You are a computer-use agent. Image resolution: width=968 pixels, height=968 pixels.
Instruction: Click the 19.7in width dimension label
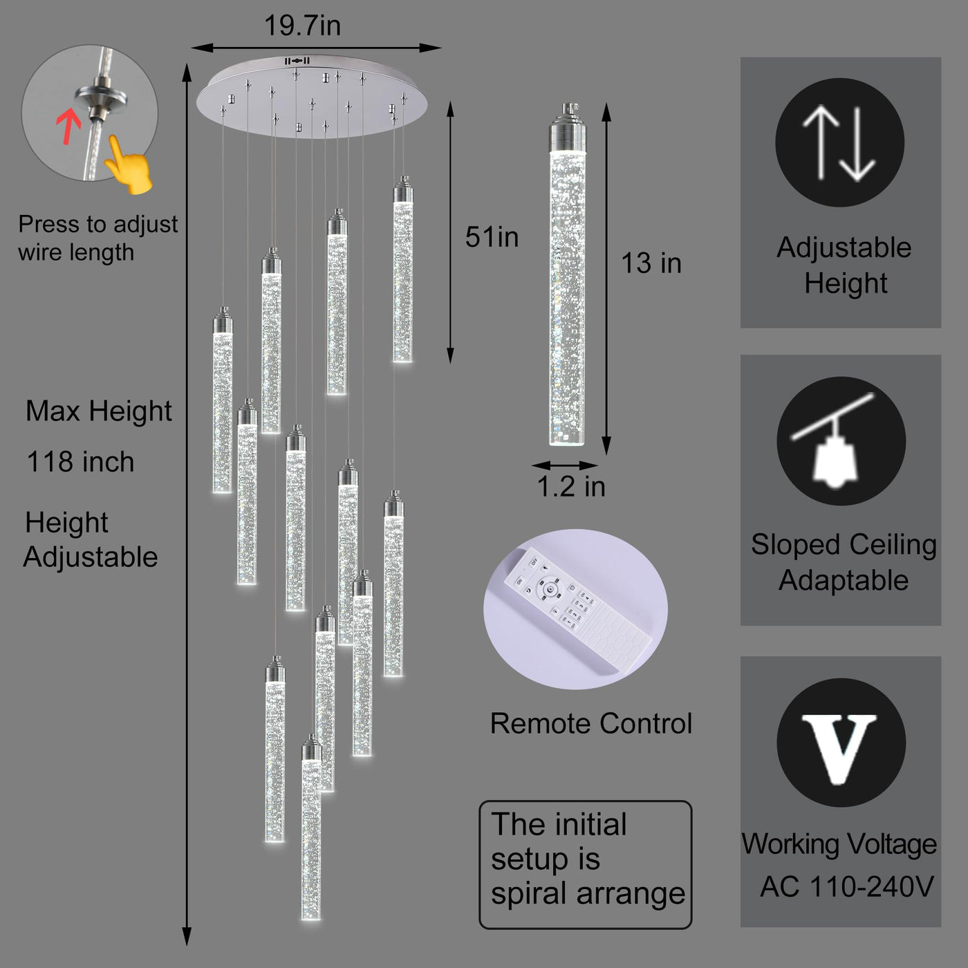click(302, 26)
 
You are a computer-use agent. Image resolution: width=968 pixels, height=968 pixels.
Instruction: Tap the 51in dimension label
click(492, 237)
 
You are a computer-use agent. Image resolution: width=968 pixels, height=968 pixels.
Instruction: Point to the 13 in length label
click(651, 263)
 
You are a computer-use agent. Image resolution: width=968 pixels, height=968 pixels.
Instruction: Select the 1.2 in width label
click(571, 487)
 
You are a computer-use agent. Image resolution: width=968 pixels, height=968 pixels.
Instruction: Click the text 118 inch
click(80, 462)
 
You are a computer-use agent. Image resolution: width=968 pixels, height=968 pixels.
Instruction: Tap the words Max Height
click(98, 411)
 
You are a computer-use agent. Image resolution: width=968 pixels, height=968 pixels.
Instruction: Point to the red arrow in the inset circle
click(68, 127)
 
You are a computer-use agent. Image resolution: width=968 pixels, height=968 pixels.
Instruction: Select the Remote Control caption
click(590, 724)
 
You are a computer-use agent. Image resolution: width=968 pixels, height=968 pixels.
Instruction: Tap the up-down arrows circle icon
click(839, 142)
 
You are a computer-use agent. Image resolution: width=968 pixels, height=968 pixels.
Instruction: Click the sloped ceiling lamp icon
click(841, 441)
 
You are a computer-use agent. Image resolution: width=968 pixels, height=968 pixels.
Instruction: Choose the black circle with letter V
click(841, 743)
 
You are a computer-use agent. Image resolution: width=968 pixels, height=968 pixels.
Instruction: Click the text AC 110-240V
click(846, 887)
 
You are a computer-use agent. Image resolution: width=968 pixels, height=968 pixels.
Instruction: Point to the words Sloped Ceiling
click(844, 545)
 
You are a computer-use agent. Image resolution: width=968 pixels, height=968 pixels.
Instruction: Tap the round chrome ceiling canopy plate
click(312, 97)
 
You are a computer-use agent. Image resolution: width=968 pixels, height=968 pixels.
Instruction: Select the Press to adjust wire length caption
click(97, 238)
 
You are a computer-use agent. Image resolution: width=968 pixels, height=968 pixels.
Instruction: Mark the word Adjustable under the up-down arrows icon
click(844, 248)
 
